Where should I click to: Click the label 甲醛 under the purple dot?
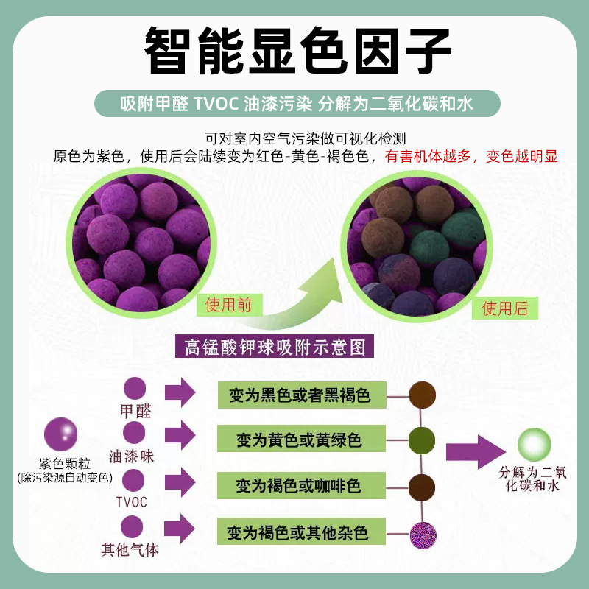click(135, 411)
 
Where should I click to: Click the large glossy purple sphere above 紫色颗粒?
click(61, 434)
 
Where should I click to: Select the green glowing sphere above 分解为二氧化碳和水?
click(534, 445)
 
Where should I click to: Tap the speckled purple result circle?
click(423, 532)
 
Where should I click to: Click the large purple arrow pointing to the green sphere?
click(472, 451)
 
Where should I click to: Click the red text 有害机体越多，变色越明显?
click(471, 156)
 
